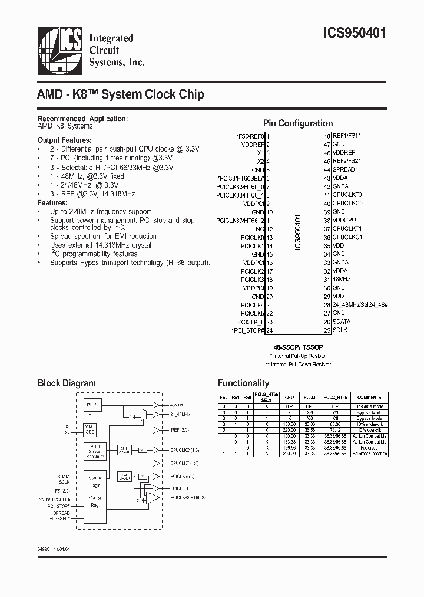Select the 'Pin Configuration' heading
tap(297, 123)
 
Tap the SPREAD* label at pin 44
tap(344, 169)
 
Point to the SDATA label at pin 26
tap(341, 322)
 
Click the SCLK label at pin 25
tap(340, 330)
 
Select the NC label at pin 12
tap(259, 228)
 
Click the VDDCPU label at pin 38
tap(344, 219)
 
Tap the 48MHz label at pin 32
tap(341, 279)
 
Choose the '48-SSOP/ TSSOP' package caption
tap(297, 349)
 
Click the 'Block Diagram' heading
tap(67, 383)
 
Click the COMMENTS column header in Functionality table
tap(369, 398)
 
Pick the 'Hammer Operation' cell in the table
tap(369, 453)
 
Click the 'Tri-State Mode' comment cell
tap(369, 407)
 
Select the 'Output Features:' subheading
tap(64, 140)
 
